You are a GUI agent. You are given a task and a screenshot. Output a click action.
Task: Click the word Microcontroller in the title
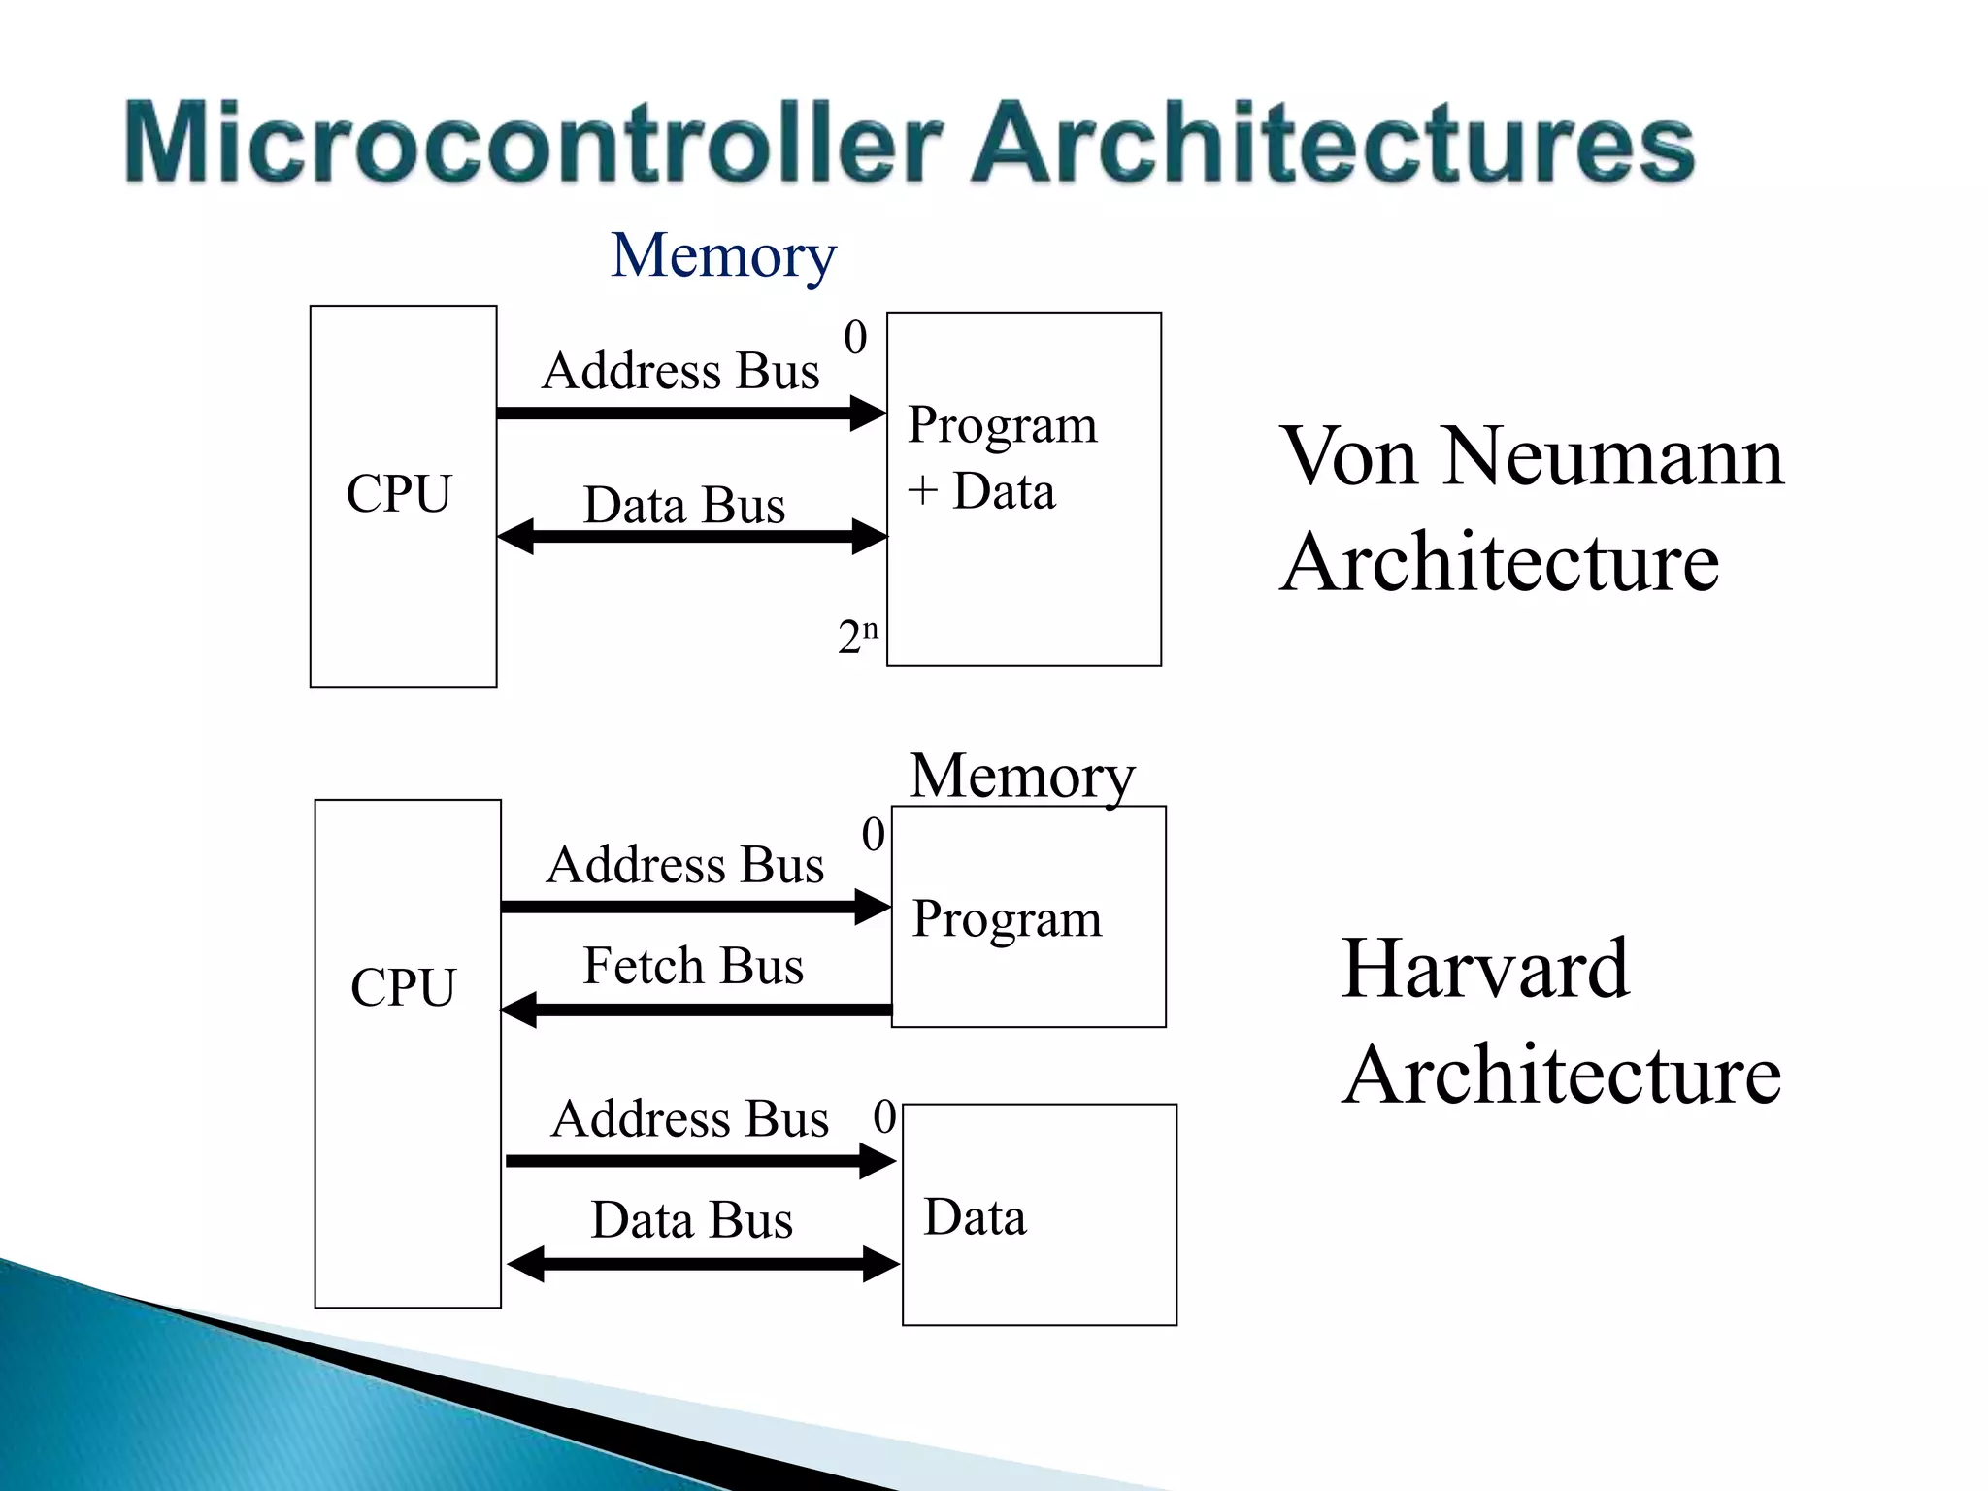point(534,143)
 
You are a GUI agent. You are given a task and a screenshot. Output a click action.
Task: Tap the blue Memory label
point(723,256)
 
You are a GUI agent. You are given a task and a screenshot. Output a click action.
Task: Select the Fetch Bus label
point(693,967)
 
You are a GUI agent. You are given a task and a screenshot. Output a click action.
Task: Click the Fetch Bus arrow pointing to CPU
point(695,1010)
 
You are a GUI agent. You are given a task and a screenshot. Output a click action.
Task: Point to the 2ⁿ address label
point(857,636)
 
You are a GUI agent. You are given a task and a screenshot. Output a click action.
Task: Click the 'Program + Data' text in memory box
point(1002,457)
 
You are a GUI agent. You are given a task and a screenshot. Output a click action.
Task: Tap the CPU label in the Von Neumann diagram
point(399,493)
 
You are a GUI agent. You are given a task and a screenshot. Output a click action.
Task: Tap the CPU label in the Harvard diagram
point(403,987)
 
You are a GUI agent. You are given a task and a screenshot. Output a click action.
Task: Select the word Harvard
point(1484,969)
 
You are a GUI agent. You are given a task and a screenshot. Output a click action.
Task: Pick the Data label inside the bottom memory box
point(975,1217)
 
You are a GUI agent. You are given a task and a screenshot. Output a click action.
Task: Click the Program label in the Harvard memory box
point(1007,918)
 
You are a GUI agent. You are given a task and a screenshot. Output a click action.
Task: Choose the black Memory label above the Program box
point(1022,777)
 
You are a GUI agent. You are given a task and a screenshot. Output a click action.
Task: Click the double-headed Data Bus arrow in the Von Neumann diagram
point(691,536)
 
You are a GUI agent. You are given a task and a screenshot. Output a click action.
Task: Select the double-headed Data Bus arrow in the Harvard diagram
point(703,1264)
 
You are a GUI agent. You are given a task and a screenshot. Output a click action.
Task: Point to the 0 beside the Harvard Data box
point(884,1116)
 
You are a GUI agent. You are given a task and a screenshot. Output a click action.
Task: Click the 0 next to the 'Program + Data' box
point(855,338)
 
